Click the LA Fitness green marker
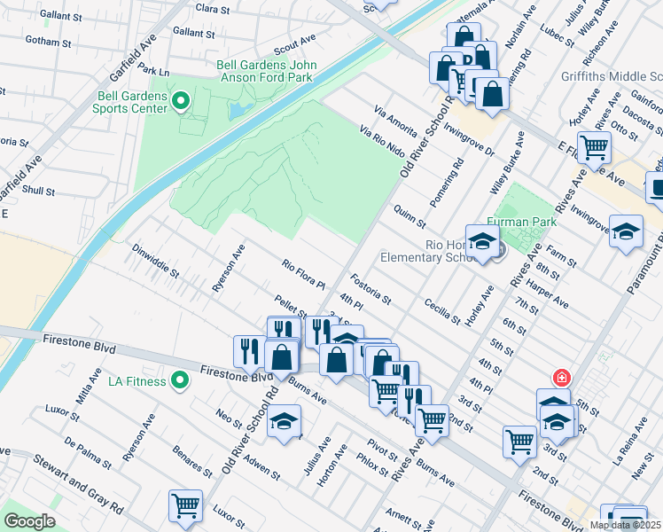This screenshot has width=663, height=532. click(x=181, y=381)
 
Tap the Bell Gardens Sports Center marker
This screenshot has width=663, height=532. click(x=182, y=101)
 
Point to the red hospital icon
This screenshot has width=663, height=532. click(x=560, y=377)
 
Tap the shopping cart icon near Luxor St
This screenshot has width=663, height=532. click(x=186, y=505)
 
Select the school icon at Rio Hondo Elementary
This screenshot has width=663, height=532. click(x=482, y=242)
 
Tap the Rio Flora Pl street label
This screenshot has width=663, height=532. click(x=304, y=276)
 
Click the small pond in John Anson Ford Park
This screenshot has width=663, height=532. click(x=238, y=109)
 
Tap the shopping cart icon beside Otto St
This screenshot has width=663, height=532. click(x=593, y=146)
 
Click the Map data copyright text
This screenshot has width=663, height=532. click(x=625, y=525)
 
